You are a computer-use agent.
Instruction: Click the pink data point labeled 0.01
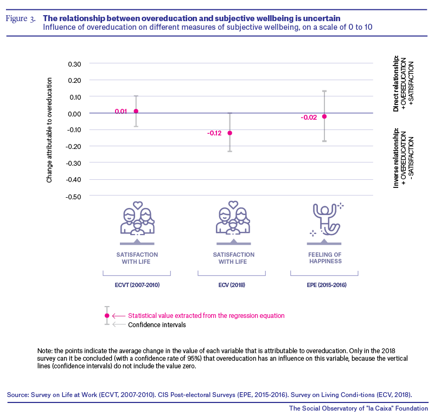(x=136, y=111)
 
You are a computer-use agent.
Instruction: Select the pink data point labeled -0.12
(x=229, y=133)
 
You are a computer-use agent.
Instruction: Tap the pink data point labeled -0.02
(x=324, y=116)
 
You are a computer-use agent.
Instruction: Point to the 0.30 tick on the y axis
(x=74, y=64)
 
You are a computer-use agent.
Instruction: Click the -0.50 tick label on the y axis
(x=73, y=197)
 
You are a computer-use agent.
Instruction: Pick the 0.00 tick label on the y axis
(x=74, y=114)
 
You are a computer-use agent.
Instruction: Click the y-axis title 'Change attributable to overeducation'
(x=49, y=130)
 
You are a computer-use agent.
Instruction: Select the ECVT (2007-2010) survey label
(x=137, y=285)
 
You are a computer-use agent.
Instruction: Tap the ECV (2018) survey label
(x=232, y=285)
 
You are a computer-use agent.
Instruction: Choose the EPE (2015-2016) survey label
(x=327, y=285)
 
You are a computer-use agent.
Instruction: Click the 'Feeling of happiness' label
(x=325, y=258)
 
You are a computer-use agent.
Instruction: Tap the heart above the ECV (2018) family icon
(x=233, y=205)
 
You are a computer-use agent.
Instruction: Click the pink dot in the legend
(x=107, y=316)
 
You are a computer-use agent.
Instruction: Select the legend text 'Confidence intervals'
(x=157, y=325)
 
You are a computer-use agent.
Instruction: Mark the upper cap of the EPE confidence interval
(x=324, y=90)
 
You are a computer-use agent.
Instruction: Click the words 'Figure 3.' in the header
(x=21, y=18)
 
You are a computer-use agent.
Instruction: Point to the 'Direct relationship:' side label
(x=396, y=83)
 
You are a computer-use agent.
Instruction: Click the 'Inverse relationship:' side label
(x=396, y=158)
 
